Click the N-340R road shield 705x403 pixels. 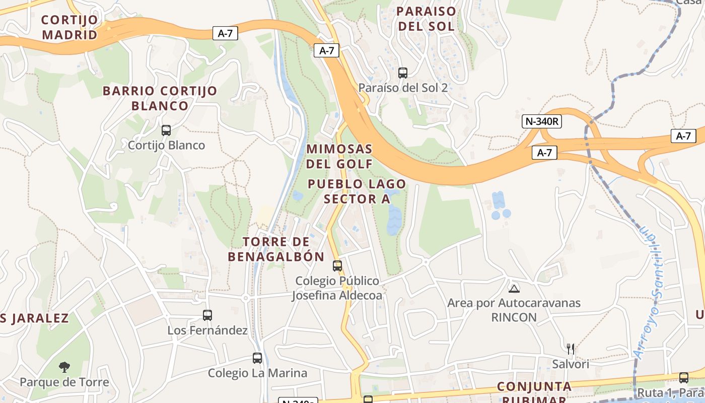coord(541,121)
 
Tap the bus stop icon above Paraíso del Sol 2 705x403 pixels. coord(403,73)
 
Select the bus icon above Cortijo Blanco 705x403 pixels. coord(166,130)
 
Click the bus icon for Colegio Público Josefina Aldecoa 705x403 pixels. coord(337,265)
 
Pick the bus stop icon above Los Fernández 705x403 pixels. coord(207,315)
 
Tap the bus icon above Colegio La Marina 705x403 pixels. coord(257,358)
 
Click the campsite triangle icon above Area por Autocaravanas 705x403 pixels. coord(514,289)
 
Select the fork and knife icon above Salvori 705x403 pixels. coord(571,349)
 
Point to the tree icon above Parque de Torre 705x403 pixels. coord(64,367)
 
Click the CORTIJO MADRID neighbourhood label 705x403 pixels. coord(69,27)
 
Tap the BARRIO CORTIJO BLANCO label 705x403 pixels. coord(160,98)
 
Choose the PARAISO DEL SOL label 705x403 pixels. coord(426,19)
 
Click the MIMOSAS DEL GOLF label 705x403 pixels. coord(339,156)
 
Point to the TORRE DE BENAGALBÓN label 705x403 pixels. coord(276,249)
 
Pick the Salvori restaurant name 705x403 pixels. coord(571,364)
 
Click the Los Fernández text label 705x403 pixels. coord(207,330)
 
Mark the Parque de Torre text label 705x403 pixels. coord(64,382)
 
